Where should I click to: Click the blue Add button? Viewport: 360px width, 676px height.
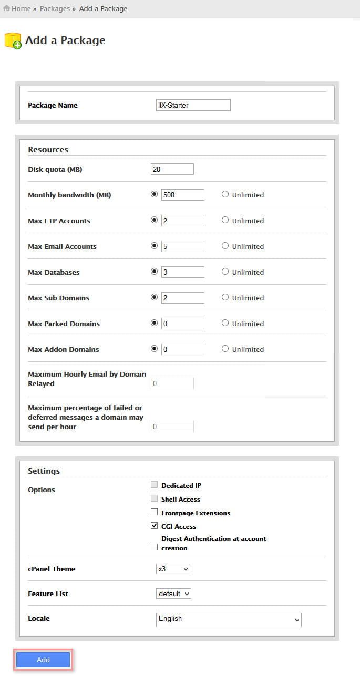(43, 660)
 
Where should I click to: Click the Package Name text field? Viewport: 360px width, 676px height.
(193, 105)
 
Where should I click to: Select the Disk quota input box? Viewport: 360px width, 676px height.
(172, 169)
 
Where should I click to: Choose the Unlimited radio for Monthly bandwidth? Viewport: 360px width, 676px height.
(225, 194)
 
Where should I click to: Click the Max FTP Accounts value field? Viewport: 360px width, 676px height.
(183, 221)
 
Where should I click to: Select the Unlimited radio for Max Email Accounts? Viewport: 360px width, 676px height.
(225, 246)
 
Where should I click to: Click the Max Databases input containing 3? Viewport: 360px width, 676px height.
(183, 272)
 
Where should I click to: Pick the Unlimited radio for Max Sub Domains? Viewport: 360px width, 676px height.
(225, 297)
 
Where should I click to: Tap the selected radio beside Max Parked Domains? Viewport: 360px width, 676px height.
(154, 323)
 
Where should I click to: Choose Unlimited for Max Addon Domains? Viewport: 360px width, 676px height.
(225, 349)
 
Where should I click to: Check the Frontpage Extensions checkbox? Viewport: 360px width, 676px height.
(154, 512)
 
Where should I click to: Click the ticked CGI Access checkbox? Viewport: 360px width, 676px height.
(154, 526)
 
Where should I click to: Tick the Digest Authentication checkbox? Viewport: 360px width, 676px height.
(154, 547)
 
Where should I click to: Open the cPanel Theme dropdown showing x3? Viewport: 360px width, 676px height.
(173, 569)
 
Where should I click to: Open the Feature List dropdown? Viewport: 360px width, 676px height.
(173, 594)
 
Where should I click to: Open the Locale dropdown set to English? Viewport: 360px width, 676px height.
(229, 619)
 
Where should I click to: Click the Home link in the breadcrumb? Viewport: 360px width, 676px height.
(21, 8)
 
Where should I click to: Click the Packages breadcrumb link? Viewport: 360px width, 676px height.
(55, 8)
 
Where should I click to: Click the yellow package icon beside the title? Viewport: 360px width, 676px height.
(13, 41)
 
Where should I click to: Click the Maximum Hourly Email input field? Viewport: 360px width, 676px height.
(172, 383)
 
